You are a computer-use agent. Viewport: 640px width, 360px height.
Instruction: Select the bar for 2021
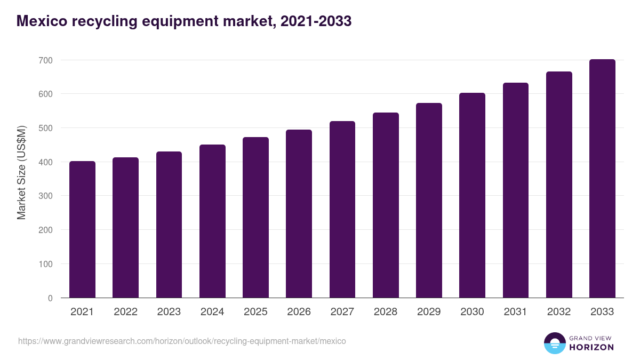pyautogui.click(x=82, y=229)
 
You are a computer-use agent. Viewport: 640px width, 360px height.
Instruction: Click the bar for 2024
pyautogui.click(x=212, y=221)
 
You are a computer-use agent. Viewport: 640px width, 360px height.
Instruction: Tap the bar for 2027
pyautogui.click(x=342, y=210)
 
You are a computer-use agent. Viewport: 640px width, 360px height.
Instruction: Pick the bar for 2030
pyautogui.click(x=472, y=195)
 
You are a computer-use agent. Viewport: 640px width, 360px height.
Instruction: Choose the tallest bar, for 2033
pyautogui.click(x=602, y=179)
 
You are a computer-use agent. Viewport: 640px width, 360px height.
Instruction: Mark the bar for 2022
pyautogui.click(x=125, y=228)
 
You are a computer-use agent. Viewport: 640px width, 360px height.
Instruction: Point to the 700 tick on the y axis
pyautogui.click(x=45, y=60)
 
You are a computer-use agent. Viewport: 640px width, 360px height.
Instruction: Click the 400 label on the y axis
pyautogui.click(x=45, y=162)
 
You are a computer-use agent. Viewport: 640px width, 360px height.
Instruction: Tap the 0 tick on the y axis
pyautogui.click(x=50, y=298)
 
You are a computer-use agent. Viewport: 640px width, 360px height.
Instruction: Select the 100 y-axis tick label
pyautogui.click(x=45, y=264)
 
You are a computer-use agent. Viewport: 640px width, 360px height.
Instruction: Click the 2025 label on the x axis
pyautogui.click(x=255, y=312)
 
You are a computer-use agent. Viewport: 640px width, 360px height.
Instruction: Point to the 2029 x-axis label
pyautogui.click(x=429, y=312)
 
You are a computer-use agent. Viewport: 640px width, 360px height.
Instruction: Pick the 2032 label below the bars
pyautogui.click(x=559, y=312)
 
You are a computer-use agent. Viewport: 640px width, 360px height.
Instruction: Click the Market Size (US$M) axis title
pyautogui.click(x=21, y=173)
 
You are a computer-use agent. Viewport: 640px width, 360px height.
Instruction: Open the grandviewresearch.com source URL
pyautogui.click(x=182, y=341)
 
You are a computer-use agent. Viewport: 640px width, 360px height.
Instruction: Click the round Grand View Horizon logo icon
pyautogui.click(x=554, y=343)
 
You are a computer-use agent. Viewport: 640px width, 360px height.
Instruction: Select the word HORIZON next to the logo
pyautogui.click(x=591, y=347)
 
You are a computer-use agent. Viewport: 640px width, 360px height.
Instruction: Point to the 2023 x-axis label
pyautogui.click(x=169, y=312)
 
